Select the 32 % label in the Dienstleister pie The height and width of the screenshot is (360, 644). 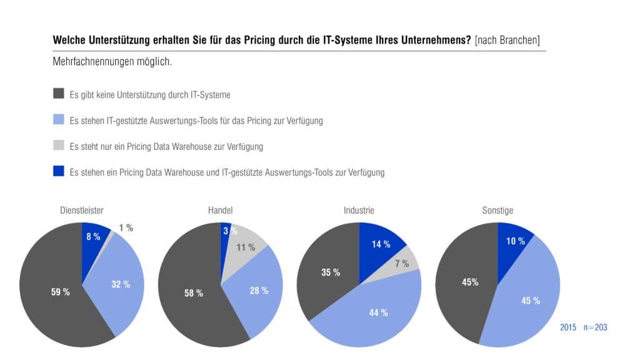click(x=121, y=284)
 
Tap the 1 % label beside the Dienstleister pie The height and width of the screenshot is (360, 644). click(x=126, y=228)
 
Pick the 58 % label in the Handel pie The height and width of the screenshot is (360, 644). click(x=193, y=293)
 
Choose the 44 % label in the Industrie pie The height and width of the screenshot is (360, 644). click(x=378, y=312)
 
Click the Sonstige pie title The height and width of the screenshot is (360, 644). click(x=497, y=210)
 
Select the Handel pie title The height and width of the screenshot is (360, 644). click(x=220, y=210)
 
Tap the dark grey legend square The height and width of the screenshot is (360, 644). click(x=59, y=93)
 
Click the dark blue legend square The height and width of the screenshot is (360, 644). click(x=59, y=171)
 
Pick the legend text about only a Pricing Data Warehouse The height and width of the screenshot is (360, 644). click(x=166, y=146)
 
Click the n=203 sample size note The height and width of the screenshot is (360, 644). click(x=595, y=327)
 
